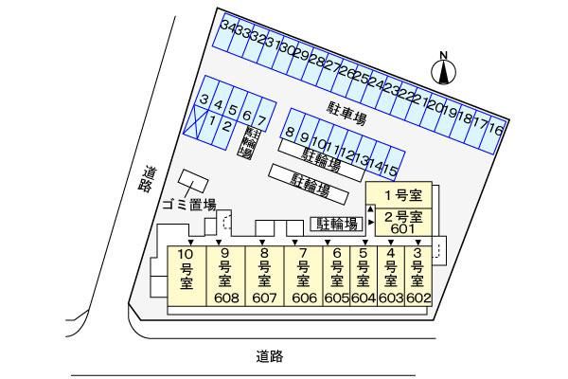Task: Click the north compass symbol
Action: [x=444, y=67]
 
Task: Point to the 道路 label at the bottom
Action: [x=270, y=356]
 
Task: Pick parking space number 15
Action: [x=390, y=169]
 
